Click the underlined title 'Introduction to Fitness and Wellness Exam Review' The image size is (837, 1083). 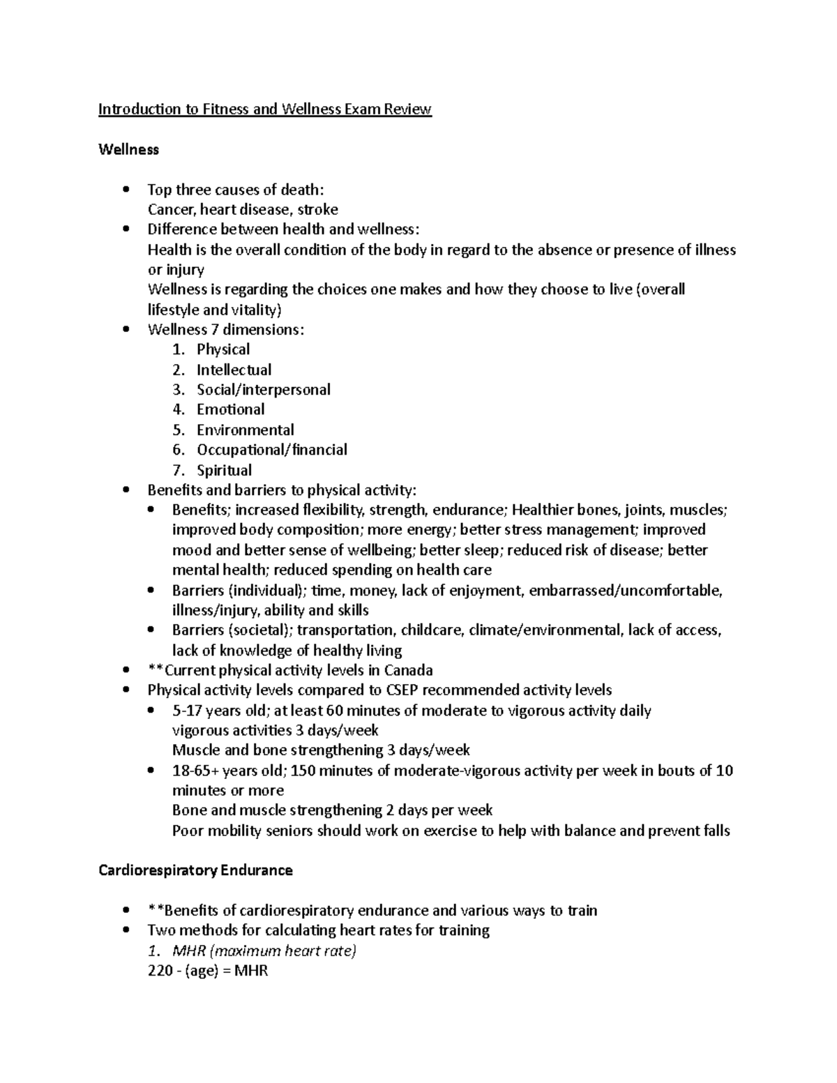pyautogui.click(x=265, y=109)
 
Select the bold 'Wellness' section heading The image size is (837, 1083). pyautogui.click(x=128, y=149)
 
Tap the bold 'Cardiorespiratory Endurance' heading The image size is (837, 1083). pyautogui.click(x=195, y=870)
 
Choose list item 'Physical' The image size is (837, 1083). pyautogui.click(x=223, y=349)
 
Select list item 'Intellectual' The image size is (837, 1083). pyautogui.click(x=234, y=370)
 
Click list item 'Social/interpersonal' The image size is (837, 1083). pyautogui.click(x=263, y=390)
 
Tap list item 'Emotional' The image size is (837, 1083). pyautogui.click(x=230, y=409)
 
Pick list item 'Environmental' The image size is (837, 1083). pyautogui.click(x=245, y=430)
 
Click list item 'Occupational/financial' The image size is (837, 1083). pyautogui.click(x=271, y=450)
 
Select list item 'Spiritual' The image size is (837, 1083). pyautogui.click(x=224, y=470)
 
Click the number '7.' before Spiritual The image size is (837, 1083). pyautogui.click(x=179, y=470)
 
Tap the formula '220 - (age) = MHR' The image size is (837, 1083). pyautogui.click(x=208, y=971)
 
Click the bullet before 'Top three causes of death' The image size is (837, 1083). pyautogui.click(x=126, y=190)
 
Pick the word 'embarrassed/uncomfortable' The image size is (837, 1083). pyautogui.click(x=625, y=591)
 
